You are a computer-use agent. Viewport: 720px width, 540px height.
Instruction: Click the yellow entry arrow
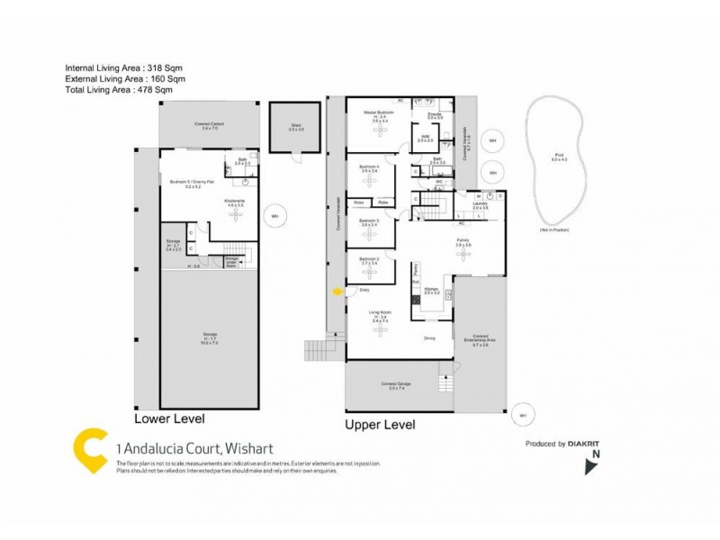[x=337, y=291]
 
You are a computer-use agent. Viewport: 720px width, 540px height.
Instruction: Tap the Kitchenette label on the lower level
[x=235, y=203]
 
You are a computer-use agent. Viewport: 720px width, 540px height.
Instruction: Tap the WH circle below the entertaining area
[x=522, y=415]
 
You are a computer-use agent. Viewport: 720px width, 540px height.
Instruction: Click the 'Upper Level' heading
[x=381, y=424]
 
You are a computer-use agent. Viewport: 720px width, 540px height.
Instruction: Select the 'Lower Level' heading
[x=169, y=419]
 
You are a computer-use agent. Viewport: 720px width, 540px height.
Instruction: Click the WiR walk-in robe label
[x=426, y=139]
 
